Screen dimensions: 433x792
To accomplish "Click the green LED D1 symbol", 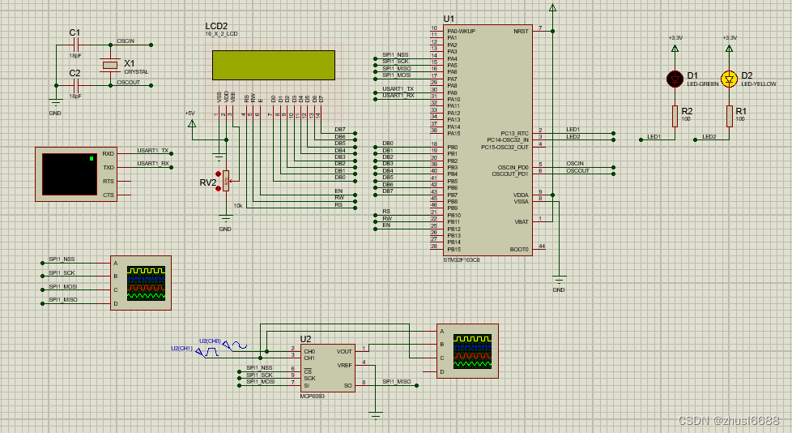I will click(x=675, y=78).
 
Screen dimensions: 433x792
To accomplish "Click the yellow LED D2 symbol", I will click(x=729, y=78).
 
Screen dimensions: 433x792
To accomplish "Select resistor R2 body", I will click(x=675, y=117).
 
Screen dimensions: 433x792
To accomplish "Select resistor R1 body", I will click(x=729, y=117).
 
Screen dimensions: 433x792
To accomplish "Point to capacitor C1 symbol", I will click(x=75, y=45).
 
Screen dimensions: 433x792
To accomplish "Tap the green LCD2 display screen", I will click(x=273, y=66).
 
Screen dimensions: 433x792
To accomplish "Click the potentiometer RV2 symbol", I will click(x=226, y=182).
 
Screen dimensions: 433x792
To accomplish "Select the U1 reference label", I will click(x=449, y=19).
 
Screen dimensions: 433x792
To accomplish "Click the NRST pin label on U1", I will click(x=520, y=31).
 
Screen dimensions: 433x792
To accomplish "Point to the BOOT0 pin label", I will click(x=518, y=249).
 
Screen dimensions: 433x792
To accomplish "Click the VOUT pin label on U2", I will click(x=344, y=351).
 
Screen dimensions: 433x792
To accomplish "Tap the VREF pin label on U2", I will click(x=345, y=366).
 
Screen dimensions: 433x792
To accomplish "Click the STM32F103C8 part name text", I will click(x=462, y=259).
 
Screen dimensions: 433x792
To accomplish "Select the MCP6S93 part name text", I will click(x=312, y=396).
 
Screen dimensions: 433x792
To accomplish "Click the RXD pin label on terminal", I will click(x=109, y=153).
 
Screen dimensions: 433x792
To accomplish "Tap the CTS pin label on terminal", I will click(x=109, y=195).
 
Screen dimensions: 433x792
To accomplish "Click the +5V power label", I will click(x=189, y=113).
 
